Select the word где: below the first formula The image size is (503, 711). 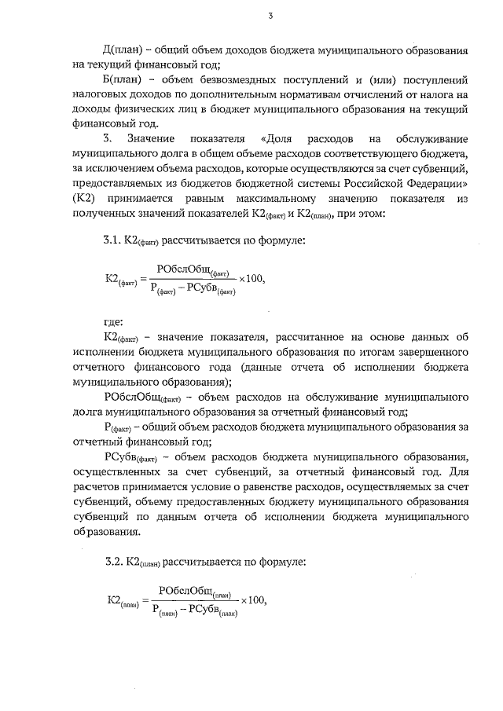(x=114, y=321)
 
